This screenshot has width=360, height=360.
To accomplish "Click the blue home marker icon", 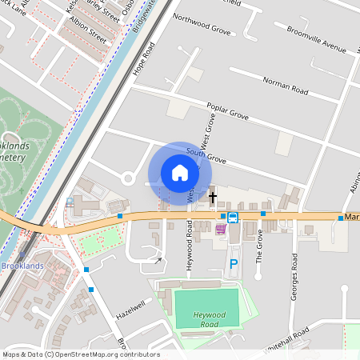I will [180, 173].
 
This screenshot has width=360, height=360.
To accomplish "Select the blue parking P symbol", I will [234, 263].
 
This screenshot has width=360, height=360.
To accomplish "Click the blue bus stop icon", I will [233, 217].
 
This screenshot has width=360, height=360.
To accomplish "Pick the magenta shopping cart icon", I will [221, 230].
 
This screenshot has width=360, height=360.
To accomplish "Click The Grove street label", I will [258, 249].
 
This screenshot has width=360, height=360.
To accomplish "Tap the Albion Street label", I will [87, 36].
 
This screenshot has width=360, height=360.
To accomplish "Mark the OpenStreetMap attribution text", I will [81, 354].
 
